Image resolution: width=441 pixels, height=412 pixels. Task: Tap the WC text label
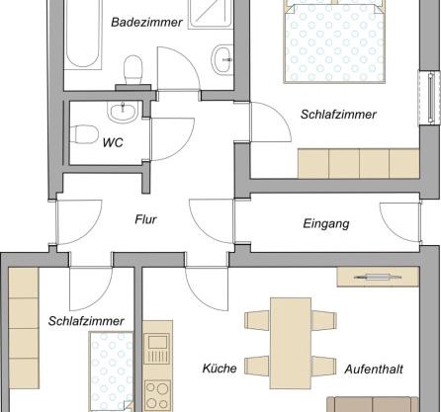click(114, 142)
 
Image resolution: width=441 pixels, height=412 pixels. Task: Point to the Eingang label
click(325, 224)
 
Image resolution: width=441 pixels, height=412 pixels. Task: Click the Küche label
click(219, 369)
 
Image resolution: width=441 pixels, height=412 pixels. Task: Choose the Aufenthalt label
click(374, 369)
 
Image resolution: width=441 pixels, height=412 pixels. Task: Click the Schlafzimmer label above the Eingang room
click(338, 115)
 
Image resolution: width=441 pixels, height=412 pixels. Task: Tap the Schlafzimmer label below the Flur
click(85, 321)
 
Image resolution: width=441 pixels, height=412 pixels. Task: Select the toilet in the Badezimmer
click(131, 69)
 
